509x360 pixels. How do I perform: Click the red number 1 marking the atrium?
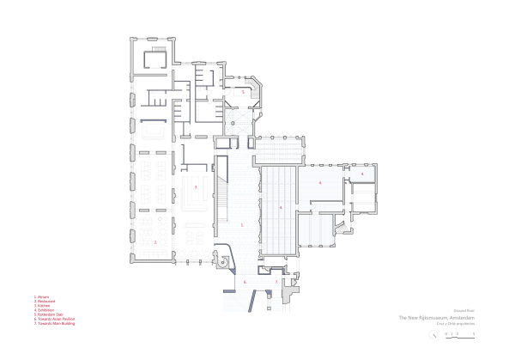click(242, 225)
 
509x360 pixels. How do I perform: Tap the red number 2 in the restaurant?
click(155, 242)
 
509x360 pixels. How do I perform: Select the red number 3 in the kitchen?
click(196, 186)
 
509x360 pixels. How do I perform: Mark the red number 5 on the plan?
click(244, 90)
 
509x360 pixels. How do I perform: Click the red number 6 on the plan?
click(245, 281)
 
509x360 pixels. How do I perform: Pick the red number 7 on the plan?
click(276, 281)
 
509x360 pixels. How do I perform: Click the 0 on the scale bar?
click(447, 331)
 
